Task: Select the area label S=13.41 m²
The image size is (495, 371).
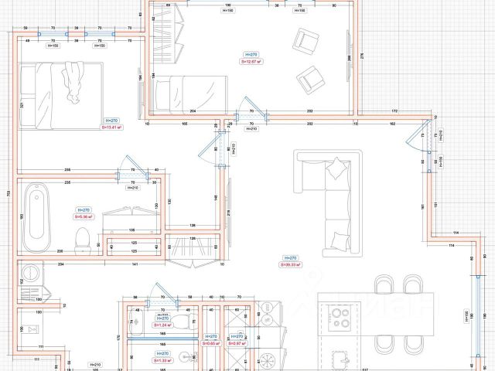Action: pos(112,128)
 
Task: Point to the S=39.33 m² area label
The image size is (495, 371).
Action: pos(291,264)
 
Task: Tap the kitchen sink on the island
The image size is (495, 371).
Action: pos(341,357)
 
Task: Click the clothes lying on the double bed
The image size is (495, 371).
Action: pos(73,82)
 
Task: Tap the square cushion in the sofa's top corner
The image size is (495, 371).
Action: pos(338,165)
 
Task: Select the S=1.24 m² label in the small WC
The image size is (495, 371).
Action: pos(162,325)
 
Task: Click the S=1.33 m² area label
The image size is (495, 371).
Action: pos(162,360)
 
